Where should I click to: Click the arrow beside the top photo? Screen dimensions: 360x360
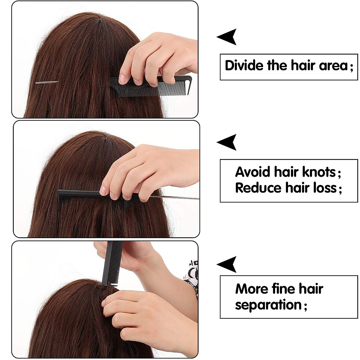point(227,37)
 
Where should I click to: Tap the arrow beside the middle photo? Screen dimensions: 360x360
point(227,142)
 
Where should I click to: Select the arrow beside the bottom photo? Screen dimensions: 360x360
point(227,265)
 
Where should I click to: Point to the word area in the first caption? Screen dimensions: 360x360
point(333,65)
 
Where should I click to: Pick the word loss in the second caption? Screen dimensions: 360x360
point(325,188)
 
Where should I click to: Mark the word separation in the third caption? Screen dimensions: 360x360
point(268,305)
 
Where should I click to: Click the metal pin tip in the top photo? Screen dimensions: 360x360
point(46,82)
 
